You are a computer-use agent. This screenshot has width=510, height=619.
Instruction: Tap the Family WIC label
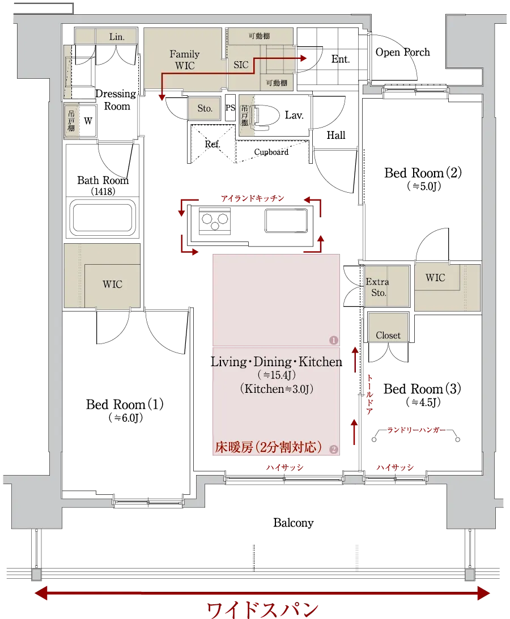point(185,60)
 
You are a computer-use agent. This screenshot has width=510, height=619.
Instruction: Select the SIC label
point(241,65)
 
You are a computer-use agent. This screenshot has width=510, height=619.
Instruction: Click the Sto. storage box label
point(205,108)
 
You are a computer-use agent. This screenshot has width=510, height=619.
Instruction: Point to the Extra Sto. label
point(377,287)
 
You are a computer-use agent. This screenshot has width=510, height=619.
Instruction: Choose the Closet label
point(388,336)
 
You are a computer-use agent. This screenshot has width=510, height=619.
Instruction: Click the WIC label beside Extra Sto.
point(435,278)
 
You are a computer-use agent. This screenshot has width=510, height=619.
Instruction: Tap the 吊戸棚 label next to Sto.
point(244,115)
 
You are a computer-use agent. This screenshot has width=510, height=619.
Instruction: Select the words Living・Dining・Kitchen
point(275,362)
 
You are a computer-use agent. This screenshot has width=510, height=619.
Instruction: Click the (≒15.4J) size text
point(277,376)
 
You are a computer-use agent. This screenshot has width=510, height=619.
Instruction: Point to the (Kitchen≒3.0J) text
point(277,389)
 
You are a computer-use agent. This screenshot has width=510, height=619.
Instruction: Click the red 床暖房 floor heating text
point(268,447)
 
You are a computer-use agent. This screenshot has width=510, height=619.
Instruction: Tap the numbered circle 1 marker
point(333,340)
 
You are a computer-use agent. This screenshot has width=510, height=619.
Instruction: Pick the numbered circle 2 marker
point(333,450)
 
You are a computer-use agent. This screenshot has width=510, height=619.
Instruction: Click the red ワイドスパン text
point(263,610)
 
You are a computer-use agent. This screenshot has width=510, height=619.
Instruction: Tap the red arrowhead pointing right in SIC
point(304,58)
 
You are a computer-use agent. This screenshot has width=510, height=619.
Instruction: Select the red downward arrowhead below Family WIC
point(161,98)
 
